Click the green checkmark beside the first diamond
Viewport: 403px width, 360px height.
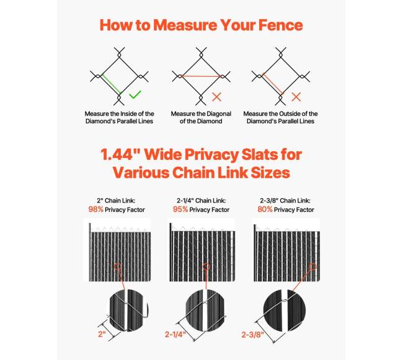135,95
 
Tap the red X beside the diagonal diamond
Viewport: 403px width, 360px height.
216,97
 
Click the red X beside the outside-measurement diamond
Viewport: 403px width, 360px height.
296,97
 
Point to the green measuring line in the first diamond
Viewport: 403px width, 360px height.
111,84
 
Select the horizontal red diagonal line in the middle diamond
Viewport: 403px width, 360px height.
201,76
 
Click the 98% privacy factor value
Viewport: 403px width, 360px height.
96,209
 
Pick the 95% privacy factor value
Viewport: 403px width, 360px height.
180,209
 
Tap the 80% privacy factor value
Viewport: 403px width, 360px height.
265,209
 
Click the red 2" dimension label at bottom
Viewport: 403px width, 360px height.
102,334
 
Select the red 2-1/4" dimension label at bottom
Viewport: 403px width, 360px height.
175,335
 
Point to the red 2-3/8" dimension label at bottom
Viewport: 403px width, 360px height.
252,335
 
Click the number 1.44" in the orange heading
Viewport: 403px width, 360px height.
120,154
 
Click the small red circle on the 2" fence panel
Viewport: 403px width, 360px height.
117,267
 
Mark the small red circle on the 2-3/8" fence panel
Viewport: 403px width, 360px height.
313,266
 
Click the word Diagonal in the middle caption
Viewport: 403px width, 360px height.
218,114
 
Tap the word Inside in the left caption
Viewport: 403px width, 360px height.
129,113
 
